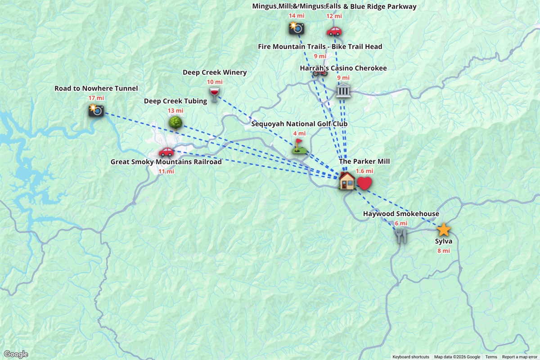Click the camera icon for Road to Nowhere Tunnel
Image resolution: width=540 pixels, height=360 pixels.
pyautogui.click(x=96, y=110)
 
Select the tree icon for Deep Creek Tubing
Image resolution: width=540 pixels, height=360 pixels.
pyautogui.click(x=175, y=122)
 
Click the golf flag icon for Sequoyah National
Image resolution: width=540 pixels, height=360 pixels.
pyautogui.click(x=298, y=146)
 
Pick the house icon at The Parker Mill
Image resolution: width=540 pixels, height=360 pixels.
pyautogui.click(x=347, y=181)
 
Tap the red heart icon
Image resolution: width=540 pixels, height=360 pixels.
pyautogui.click(x=364, y=183)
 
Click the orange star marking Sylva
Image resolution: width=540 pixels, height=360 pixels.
pyautogui.click(x=444, y=230)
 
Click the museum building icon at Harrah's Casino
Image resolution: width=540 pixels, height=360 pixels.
pyautogui.click(x=343, y=90)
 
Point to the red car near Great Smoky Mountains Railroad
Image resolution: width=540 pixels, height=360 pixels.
pyautogui.click(x=166, y=152)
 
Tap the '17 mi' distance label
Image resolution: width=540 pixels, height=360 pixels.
pyautogui.click(x=96, y=98)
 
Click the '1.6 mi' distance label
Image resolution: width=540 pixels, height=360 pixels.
pyautogui.click(x=364, y=171)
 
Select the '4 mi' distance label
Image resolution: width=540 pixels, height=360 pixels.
pyautogui.click(x=299, y=134)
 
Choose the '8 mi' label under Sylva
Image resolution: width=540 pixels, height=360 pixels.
pyautogui.click(x=444, y=251)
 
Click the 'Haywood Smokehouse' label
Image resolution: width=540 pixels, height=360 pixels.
pyautogui.click(x=401, y=214)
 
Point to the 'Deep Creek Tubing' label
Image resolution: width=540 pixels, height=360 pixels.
pyautogui.click(x=175, y=101)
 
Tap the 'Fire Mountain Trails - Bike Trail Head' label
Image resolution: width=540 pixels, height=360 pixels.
pyautogui.click(x=320, y=47)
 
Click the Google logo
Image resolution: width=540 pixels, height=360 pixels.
pyautogui.click(x=16, y=354)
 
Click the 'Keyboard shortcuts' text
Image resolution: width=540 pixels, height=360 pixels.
pyautogui.click(x=410, y=357)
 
